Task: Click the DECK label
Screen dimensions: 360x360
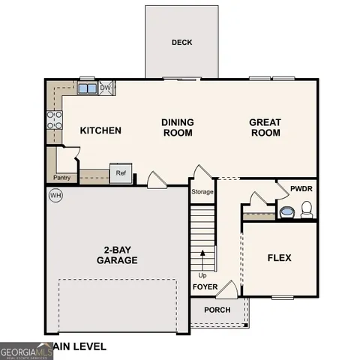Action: point(181,43)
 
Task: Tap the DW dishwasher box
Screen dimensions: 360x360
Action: point(106,88)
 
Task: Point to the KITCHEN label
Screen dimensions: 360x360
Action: point(100,130)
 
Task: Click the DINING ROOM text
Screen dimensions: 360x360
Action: point(177,127)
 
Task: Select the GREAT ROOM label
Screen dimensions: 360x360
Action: point(265,127)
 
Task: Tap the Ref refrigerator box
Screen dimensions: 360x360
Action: point(120,173)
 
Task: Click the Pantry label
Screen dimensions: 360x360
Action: point(61,178)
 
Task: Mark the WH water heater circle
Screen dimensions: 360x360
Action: point(55,196)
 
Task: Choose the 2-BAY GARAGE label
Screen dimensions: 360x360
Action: point(116,256)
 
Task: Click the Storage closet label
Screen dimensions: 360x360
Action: point(202,192)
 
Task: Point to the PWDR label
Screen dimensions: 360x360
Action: point(301,189)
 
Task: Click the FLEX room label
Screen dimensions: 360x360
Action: point(279,258)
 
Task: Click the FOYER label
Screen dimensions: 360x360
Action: point(205,287)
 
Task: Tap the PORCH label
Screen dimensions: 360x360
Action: point(217,310)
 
